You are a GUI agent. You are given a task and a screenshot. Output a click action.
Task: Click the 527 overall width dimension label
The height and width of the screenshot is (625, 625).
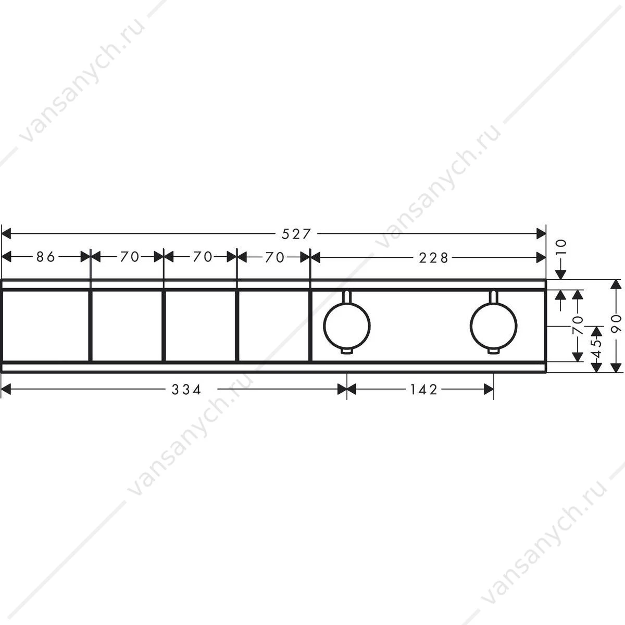tap(296, 234)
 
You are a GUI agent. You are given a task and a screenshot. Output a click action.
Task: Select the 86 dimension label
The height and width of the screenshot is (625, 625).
tap(46, 257)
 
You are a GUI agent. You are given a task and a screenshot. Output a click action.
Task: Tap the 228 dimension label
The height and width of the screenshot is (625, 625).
tap(433, 258)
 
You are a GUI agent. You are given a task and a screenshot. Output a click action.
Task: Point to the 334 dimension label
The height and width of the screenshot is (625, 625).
tap(186, 389)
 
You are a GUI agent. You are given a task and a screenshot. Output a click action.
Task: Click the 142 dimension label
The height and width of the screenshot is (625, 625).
tap(424, 389)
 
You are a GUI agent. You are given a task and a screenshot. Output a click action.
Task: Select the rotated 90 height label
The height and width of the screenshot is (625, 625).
tap(616, 323)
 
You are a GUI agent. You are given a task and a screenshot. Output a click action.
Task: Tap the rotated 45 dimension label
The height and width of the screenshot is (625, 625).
tap(596, 348)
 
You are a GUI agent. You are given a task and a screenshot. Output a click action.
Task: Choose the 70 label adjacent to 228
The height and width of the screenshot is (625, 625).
tap(274, 257)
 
